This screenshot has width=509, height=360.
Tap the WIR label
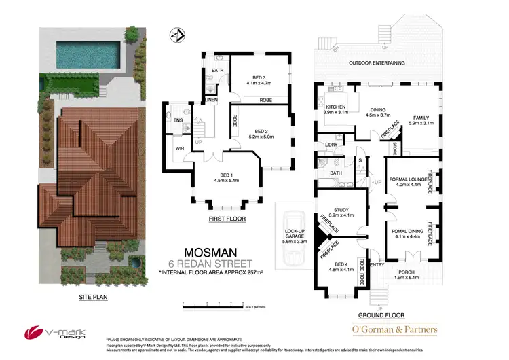(179, 148)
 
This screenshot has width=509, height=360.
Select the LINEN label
(212, 100)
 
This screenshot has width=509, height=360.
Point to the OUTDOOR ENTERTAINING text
(377, 62)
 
